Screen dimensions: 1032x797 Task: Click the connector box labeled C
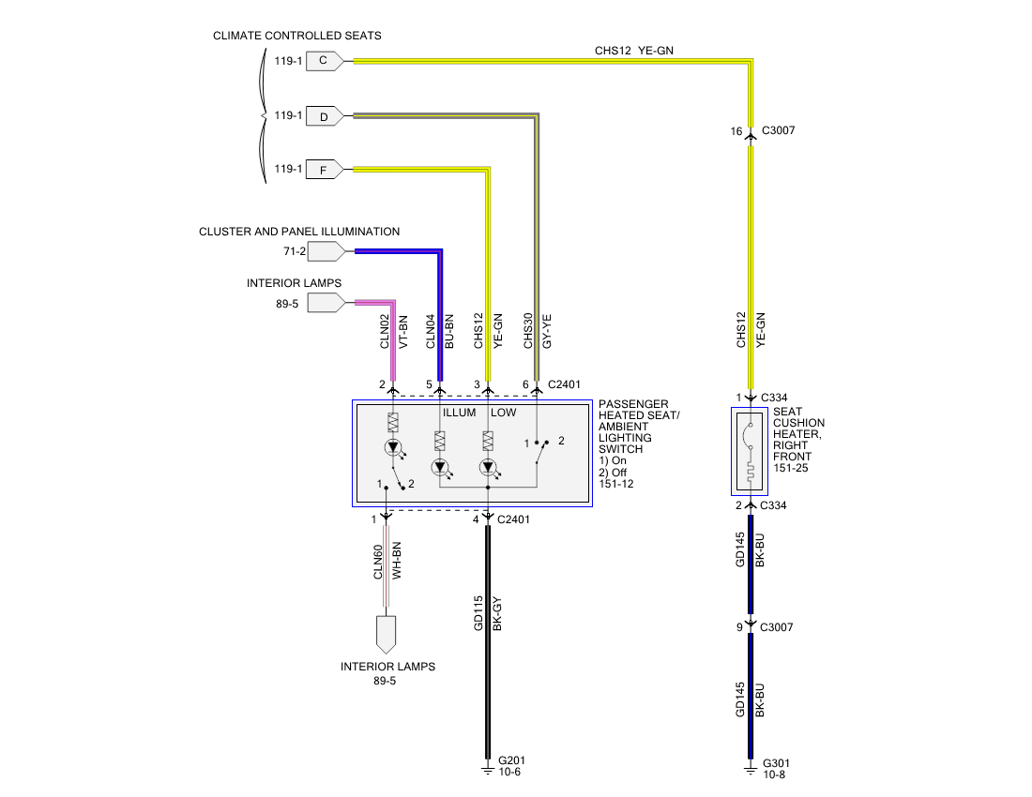325,61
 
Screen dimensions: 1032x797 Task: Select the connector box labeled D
325,116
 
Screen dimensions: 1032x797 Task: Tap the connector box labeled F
325,170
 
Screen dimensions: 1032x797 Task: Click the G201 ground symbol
488,770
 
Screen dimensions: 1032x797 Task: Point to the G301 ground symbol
751,770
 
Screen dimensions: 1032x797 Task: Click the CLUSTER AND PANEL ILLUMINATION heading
299,232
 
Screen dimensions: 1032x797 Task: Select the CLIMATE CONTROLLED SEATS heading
296,36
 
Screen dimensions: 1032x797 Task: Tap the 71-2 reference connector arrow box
326,251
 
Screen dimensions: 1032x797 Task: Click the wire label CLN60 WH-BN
387,561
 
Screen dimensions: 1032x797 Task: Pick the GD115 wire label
478,613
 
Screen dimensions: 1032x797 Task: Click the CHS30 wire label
528,331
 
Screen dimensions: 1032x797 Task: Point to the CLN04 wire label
431,331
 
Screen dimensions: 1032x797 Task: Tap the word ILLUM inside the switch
459,413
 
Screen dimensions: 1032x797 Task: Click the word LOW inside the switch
504,413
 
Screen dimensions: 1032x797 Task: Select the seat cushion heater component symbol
750,451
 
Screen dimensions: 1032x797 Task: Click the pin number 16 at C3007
736,131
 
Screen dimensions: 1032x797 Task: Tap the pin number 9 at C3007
739,627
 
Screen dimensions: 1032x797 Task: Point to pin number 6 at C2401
525,384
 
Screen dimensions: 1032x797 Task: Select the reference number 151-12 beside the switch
616,484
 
